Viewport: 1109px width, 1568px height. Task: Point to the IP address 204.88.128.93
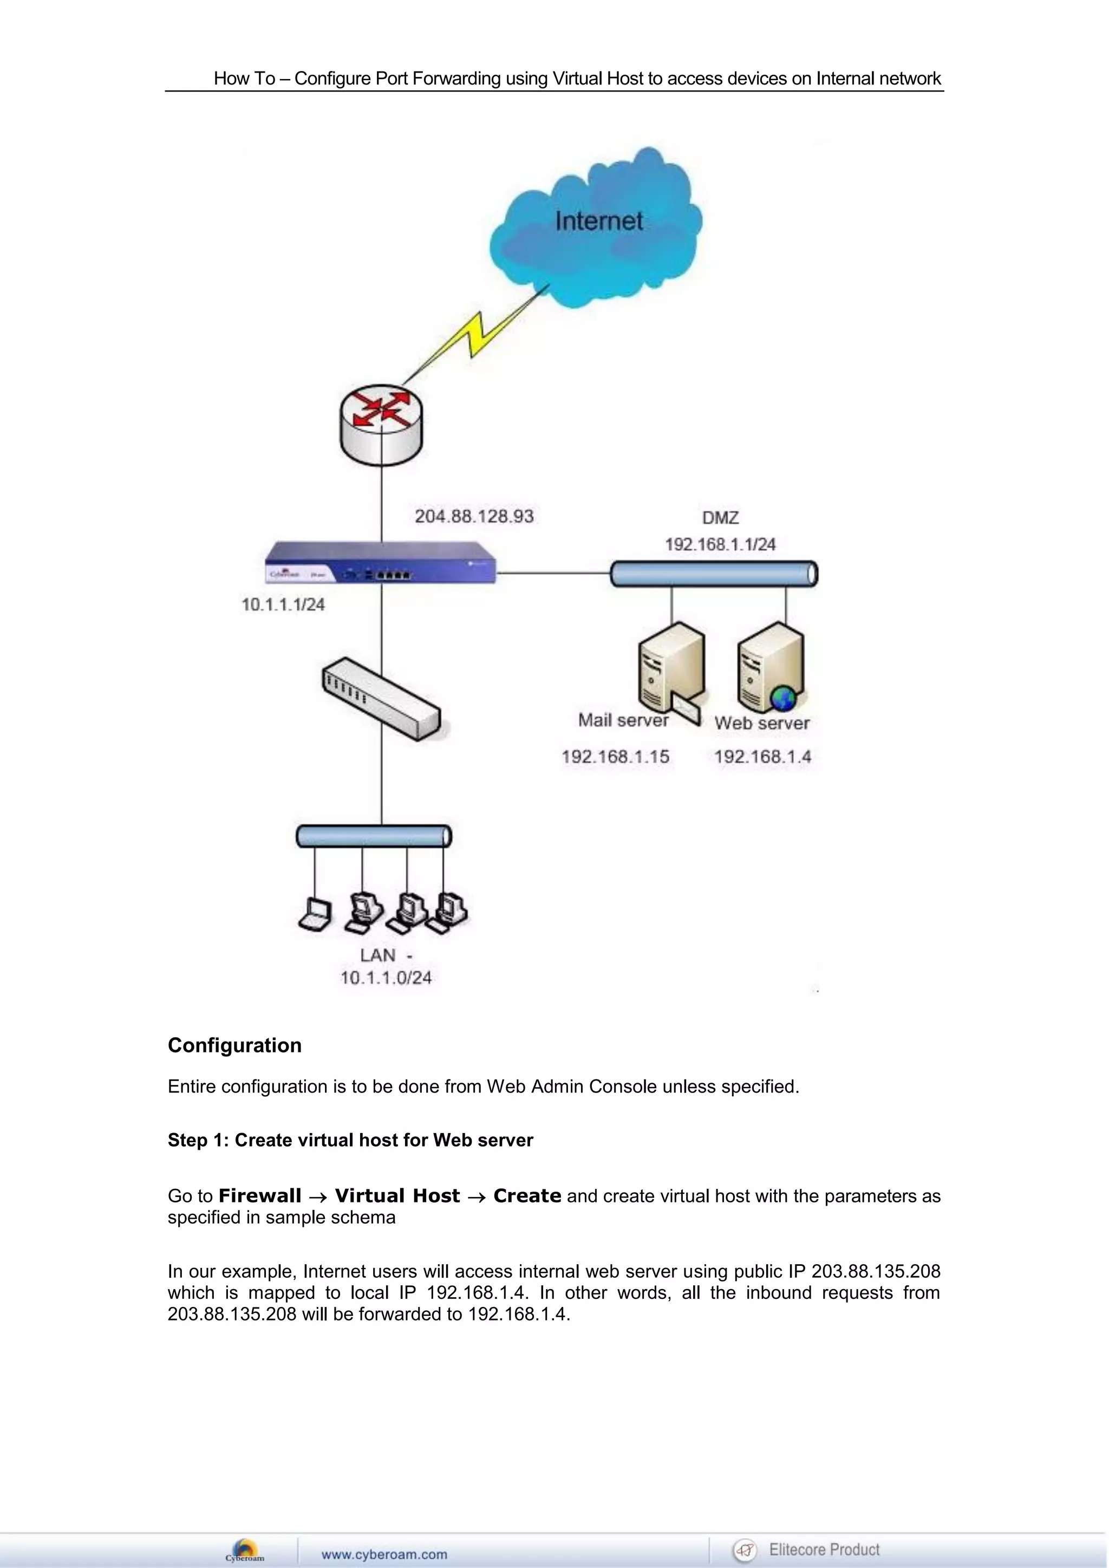pos(474,516)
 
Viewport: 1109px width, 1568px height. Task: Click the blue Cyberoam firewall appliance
pos(380,563)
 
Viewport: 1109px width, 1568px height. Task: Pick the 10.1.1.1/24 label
pos(283,604)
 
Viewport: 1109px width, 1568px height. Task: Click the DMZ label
pos(720,518)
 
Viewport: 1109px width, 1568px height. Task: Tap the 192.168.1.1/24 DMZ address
pos(720,544)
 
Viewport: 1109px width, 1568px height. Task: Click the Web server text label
pos(761,723)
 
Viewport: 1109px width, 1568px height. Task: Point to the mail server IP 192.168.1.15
pos(615,757)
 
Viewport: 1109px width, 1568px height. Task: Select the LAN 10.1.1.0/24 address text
pos(386,977)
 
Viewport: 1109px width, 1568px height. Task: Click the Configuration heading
pos(234,1045)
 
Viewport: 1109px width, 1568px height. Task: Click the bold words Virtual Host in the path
pos(397,1196)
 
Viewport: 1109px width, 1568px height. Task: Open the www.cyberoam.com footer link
pos(384,1554)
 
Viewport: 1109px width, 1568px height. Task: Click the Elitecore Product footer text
pos(824,1550)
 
